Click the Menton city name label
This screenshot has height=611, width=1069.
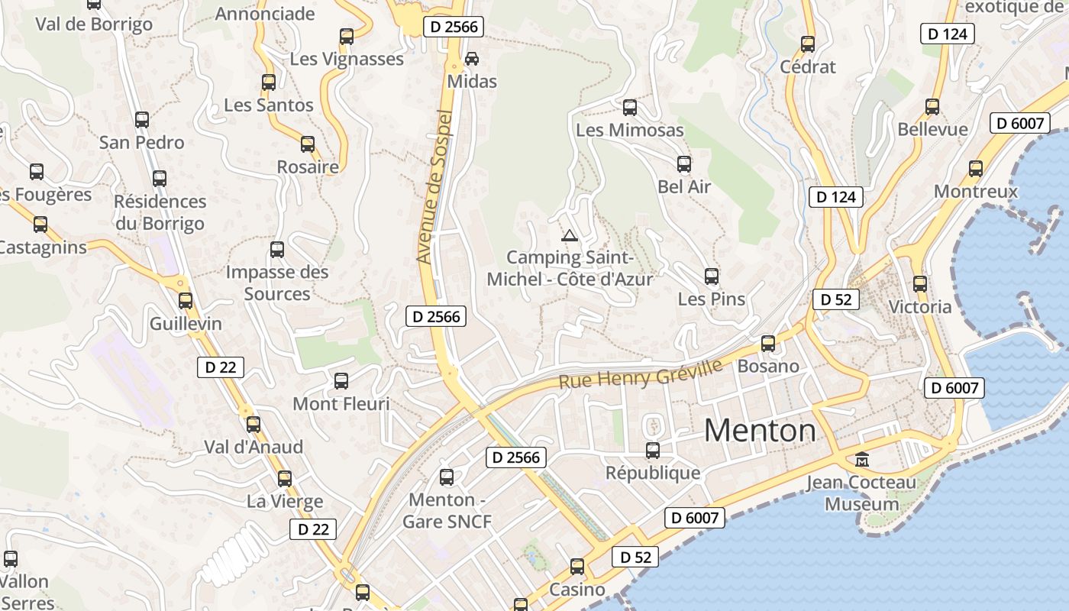(x=760, y=431)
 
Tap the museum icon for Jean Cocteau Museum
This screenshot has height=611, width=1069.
(x=862, y=460)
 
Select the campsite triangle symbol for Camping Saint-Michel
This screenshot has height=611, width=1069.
(x=568, y=235)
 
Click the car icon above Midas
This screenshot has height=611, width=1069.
(x=472, y=58)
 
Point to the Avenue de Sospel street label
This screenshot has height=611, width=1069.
(x=435, y=187)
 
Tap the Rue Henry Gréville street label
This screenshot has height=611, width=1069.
(x=641, y=373)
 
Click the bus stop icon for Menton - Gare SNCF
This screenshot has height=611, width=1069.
(x=447, y=477)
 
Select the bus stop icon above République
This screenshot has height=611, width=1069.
(x=653, y=450)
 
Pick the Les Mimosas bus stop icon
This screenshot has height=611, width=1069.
(x=630, y=108)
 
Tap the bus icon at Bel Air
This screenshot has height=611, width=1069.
(x=684, y=164)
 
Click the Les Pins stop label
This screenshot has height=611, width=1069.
(x=712, y=299)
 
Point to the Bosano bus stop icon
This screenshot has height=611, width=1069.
(x=768, y=344)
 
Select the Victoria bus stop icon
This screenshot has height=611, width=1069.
(x=920, y=284)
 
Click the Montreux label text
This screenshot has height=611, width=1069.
(x=976, y=191)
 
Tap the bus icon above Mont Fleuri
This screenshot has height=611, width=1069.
(x=341, y=380)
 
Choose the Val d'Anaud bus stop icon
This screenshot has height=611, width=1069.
(x=254, y=425)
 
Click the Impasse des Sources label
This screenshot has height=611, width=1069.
(x=277, y=283)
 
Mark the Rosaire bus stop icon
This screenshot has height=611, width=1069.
(x=308, y=144)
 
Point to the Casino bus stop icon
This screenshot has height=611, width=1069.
(x=577, y=567)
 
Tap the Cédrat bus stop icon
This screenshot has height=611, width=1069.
(x=808, y=44)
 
